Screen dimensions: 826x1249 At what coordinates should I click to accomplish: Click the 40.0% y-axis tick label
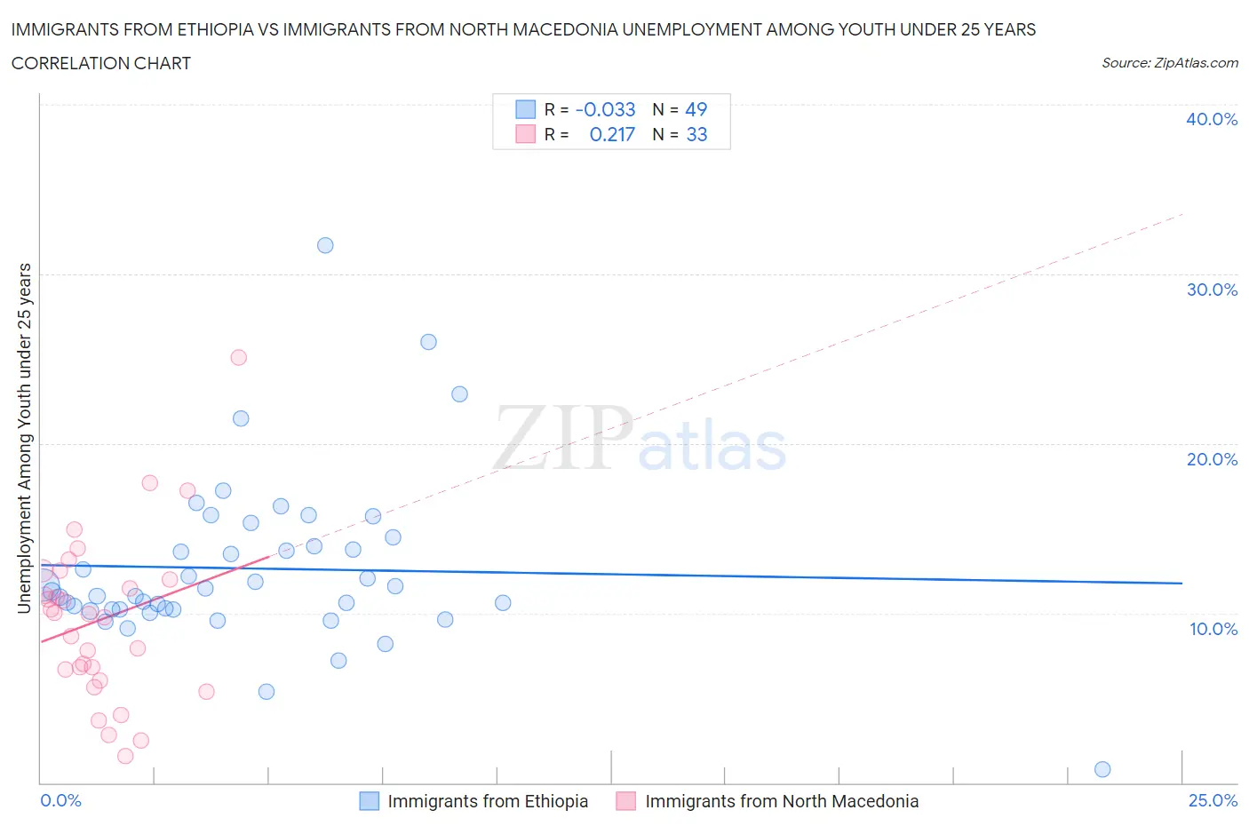[x=1212, y=119]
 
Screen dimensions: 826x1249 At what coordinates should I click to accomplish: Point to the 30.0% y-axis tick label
[x=1212, y=290]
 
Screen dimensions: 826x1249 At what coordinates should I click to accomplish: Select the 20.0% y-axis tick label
[x=1212, y=459]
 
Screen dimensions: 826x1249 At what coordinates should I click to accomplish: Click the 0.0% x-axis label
[x=60, y=800]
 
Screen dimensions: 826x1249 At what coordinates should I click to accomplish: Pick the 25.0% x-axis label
[x=1213, y=800]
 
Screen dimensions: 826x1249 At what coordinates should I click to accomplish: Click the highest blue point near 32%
[x=325, y=245]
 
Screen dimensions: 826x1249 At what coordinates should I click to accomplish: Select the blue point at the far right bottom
[x=1102, y=769]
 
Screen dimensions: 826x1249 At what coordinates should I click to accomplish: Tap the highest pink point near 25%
[x=238, y=357]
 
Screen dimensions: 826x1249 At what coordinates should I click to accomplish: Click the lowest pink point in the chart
[x=125, y=756]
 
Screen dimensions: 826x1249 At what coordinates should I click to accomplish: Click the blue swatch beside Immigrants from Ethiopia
[x=369, y=801]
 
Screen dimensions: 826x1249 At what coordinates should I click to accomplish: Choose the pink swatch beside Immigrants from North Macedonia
[x=626, y=801]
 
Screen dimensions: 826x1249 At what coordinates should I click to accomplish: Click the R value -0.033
[x=605, y=109]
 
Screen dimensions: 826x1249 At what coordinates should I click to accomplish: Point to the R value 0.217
[x=612, y=134]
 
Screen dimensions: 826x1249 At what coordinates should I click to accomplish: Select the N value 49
[x=696, y=109]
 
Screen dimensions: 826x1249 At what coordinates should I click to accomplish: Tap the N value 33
[x=696, y=134]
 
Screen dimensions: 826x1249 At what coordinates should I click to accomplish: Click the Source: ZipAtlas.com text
[x=1169, y=62]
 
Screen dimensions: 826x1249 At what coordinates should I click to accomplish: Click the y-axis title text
[x=24, y=438]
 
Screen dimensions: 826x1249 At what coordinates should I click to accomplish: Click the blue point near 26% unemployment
[x=428, y=342]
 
